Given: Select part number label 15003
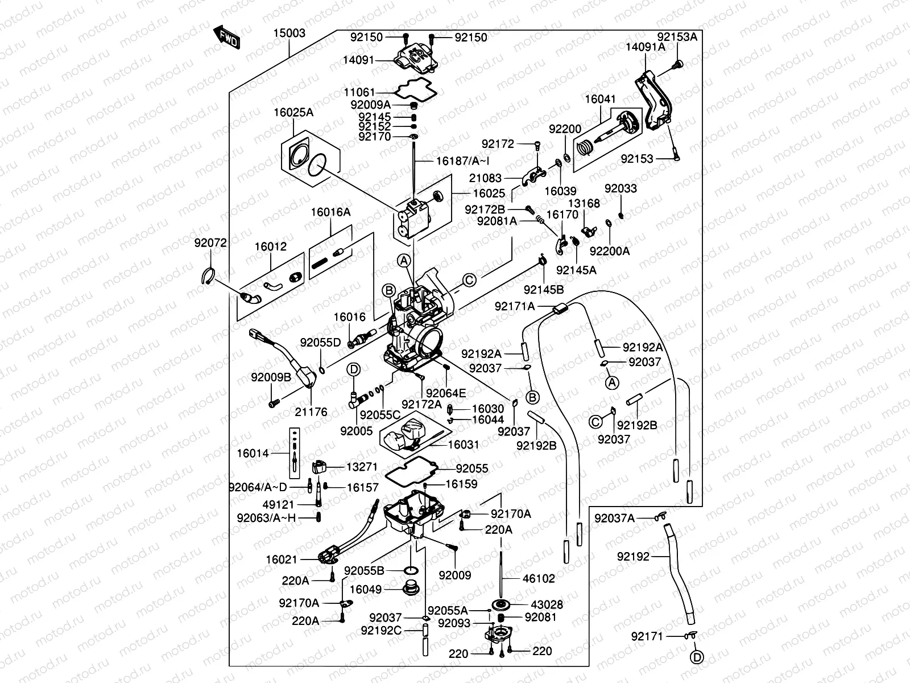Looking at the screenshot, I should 289,33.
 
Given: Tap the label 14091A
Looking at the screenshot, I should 646,47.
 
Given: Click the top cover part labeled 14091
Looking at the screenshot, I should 417,59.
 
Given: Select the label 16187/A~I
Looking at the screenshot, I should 461,161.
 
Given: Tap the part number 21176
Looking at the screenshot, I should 311,412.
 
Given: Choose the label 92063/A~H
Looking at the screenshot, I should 267,517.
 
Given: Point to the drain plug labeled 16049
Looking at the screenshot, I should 409,588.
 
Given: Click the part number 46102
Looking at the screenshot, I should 539,579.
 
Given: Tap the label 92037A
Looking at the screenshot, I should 615,518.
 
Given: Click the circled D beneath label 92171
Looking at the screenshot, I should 697,657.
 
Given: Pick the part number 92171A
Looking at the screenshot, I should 515,307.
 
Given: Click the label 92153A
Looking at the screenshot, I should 677,37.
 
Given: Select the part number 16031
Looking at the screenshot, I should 464,445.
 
